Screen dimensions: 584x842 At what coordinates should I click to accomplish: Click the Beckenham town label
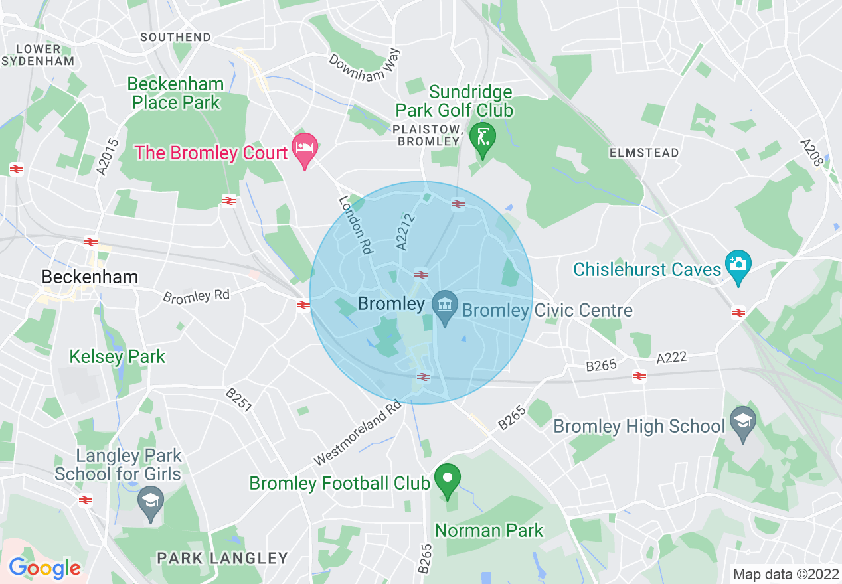90,277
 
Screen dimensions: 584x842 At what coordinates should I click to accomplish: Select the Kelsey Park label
118,357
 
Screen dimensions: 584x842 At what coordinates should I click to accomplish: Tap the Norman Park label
489,530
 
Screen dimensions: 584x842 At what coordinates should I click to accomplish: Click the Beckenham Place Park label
176,94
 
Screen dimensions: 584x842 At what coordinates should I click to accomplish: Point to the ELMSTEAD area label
644,153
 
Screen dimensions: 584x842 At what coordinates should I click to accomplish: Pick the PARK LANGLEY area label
222,559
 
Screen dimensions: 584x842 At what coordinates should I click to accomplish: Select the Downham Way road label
366,66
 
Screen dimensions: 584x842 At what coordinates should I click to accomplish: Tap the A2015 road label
107,157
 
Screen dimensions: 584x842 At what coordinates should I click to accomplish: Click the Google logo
44,568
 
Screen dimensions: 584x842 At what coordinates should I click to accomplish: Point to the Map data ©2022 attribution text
784,574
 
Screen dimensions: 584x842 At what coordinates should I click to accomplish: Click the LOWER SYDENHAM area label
39,55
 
